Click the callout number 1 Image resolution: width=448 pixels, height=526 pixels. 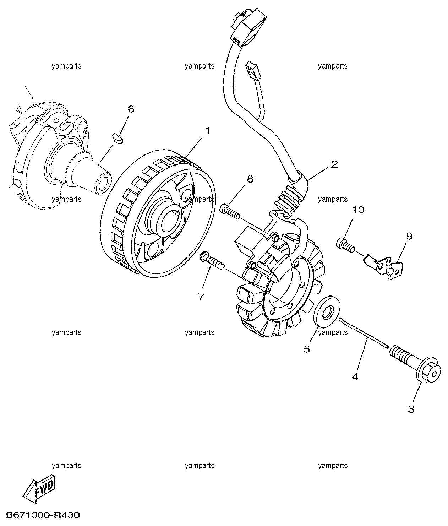pos(208,131)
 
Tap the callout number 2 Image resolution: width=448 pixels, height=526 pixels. pos(334,164)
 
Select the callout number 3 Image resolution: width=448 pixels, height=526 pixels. pos(411,409)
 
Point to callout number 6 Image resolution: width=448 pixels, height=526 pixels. pos(131,109)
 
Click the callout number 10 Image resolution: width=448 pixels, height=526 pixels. pos(358,210)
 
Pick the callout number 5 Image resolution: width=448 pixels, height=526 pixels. pos(307,349)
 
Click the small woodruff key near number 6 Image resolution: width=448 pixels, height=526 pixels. pos(118,139)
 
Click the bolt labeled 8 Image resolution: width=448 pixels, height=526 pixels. pos(229,212)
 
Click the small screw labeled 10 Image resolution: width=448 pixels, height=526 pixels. pos(345,245)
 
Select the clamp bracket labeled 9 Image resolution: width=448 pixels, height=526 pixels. pos(384,268)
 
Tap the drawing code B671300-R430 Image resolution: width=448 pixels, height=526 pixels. pos(43,515)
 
